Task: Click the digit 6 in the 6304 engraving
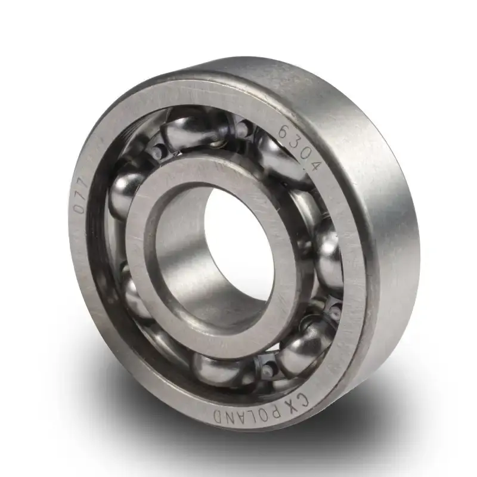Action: pos(285,132)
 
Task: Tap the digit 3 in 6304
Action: pos(296,143)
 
